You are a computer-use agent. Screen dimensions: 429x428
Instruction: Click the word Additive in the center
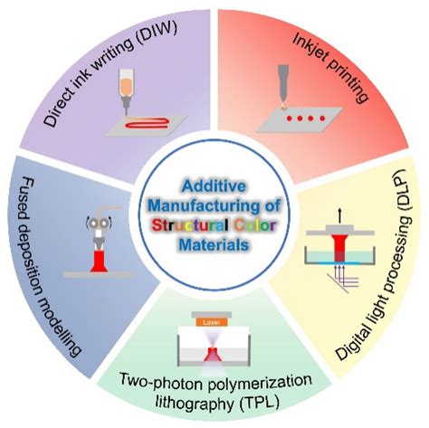(214, 186)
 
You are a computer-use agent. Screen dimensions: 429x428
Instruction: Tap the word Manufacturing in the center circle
(205, 206)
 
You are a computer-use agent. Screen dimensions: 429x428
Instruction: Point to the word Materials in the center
(214, 244)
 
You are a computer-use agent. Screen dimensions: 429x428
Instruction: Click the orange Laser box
(211, 322)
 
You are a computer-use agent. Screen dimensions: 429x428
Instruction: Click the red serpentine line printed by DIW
(147, 123)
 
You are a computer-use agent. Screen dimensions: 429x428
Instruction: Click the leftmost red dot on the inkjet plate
(289, 119)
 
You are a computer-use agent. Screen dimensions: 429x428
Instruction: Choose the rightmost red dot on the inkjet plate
(322, 119)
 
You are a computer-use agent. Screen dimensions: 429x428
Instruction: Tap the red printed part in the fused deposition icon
(99, 262)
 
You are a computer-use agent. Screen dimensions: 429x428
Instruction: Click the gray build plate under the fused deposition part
(98, 275)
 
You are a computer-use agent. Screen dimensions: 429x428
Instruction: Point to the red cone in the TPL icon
(213, 355)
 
